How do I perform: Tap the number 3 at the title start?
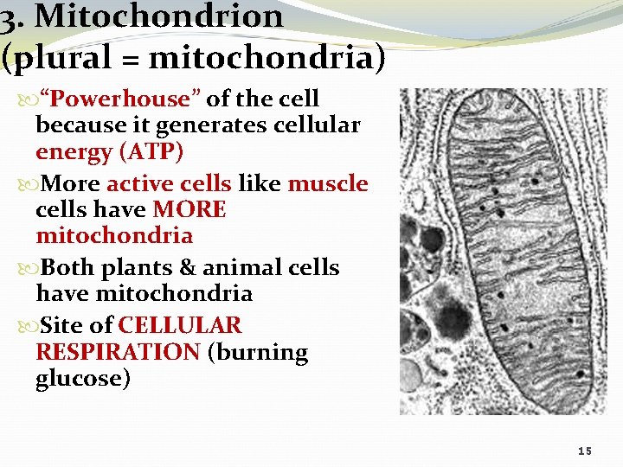(x=9, y=17)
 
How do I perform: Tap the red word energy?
(x=72, y=153)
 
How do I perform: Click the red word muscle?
(x=328, y=184)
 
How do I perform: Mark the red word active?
(x=138, y=184)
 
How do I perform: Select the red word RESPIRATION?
(x=118, y=353)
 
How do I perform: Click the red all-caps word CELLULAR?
(x=180, y=326)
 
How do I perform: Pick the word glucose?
(x=83, y=379)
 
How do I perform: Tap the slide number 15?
(x=585, y=451)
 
